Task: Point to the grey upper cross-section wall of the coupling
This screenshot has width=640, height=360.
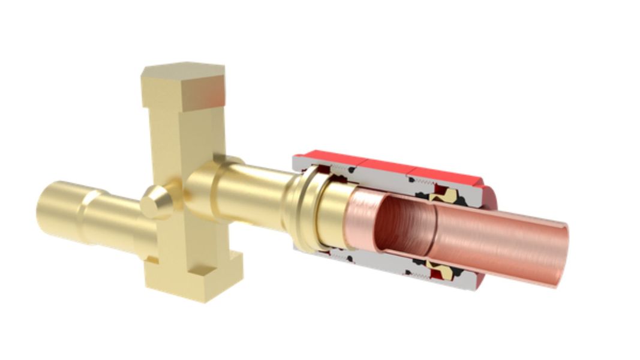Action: tap(384, 177)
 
